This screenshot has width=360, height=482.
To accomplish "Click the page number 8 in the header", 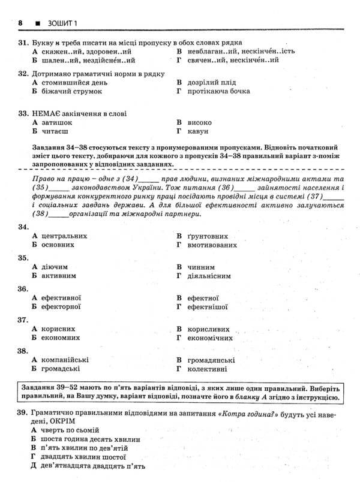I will point(20,23).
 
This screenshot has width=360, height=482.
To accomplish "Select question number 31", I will point(24,43).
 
